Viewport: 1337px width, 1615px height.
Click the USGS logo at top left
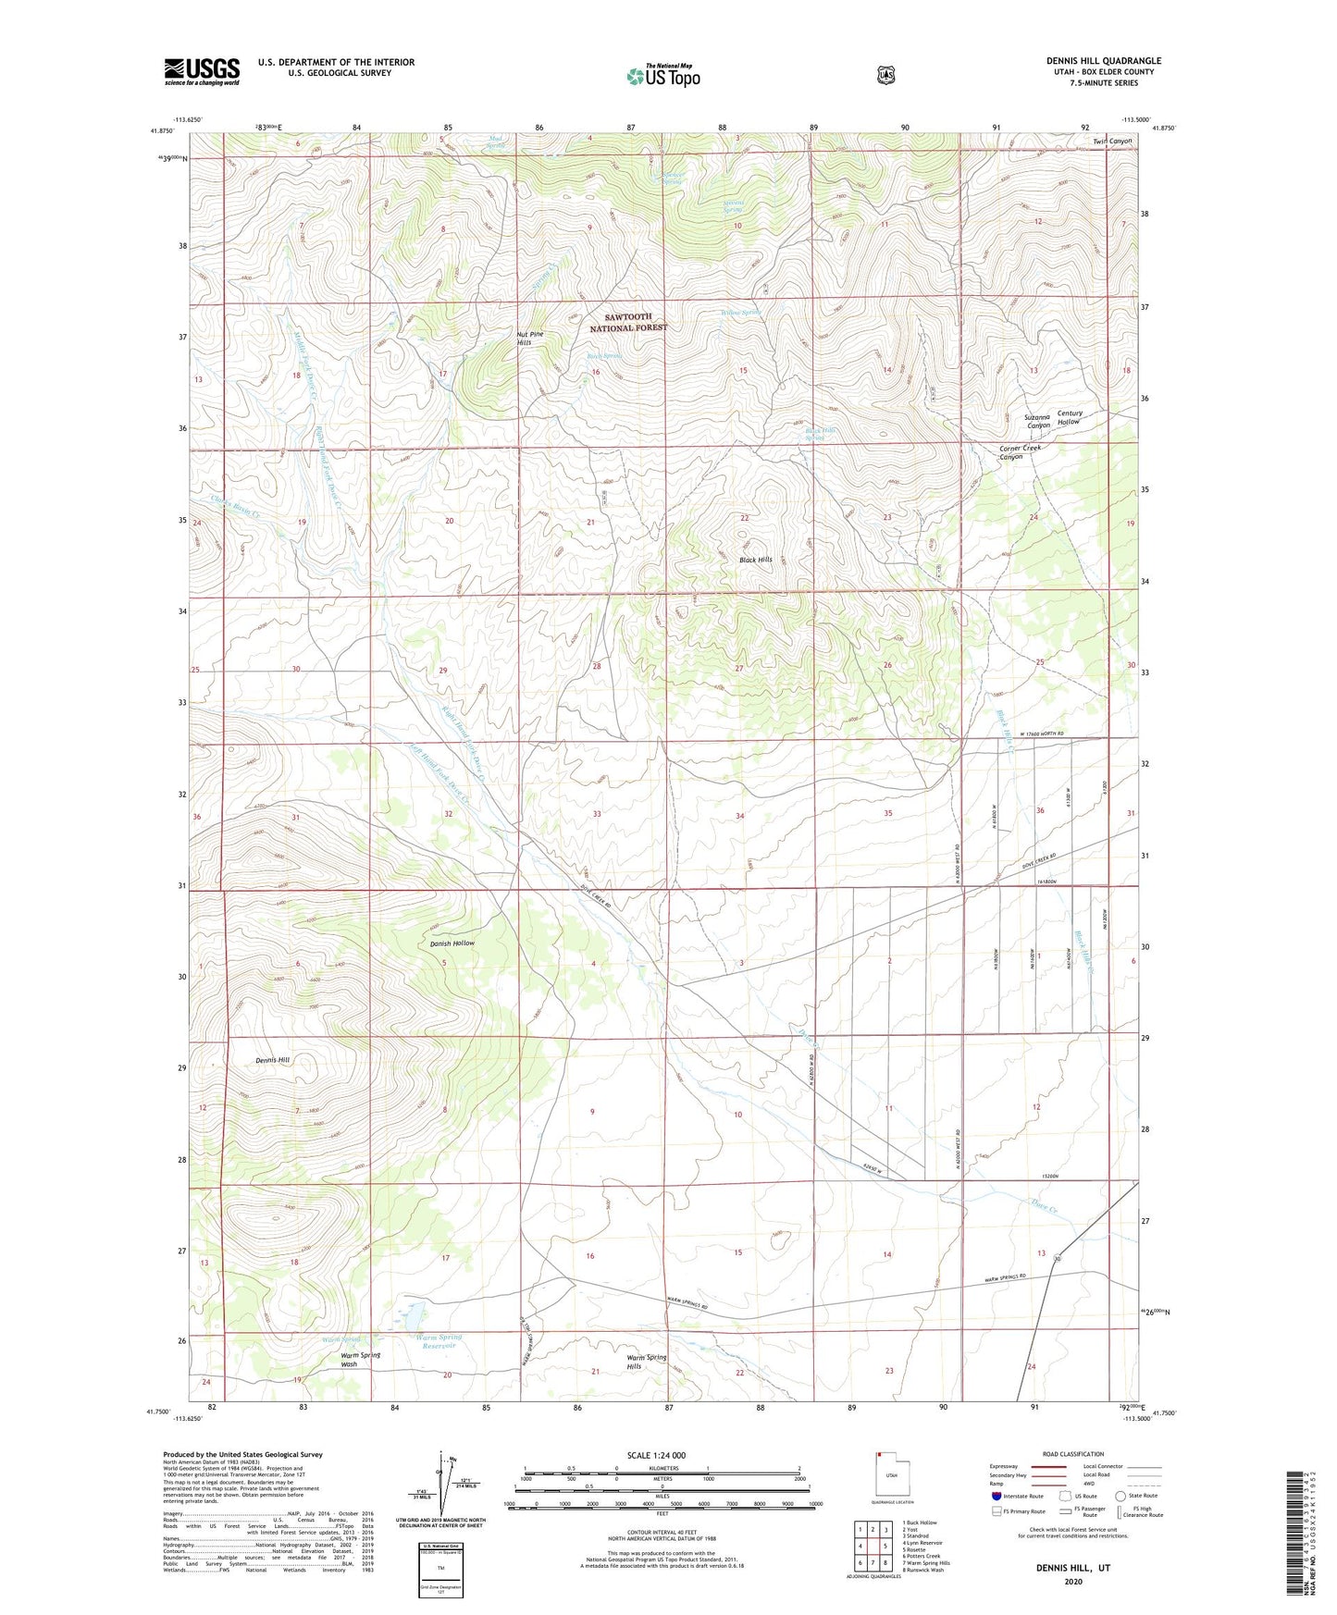tap(202, 71)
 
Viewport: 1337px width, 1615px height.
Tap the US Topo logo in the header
tap(662, 76)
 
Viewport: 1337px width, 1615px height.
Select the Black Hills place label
tap(755, 560)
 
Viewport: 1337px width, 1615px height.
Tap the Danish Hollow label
tap(452, 943)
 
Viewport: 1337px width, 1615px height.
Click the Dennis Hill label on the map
tap(272, 1060)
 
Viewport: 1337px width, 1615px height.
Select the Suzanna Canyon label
tap(1036, 421)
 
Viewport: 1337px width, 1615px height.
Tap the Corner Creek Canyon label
tap(1020, 451)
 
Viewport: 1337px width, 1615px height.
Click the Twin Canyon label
tap(1111, 141)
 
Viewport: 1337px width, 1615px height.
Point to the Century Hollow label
tap(1069, 417)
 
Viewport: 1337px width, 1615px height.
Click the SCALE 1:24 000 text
tap(656, 1455)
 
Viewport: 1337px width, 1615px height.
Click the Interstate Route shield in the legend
tap(996, 1496)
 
